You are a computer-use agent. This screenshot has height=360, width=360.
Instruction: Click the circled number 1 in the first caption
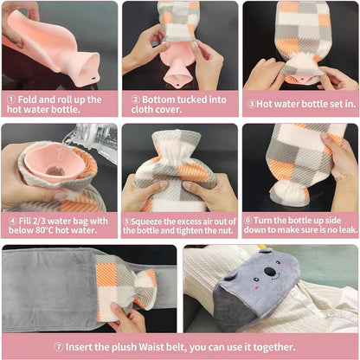(x=10, y=100)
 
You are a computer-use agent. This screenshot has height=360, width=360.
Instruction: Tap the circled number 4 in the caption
(x=10, y=220)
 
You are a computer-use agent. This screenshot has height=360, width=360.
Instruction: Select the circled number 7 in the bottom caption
(x=59, y=346)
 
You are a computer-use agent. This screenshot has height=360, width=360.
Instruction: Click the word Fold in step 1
(x=28, y=100)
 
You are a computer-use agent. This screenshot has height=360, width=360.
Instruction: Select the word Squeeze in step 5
(x=150, y=220)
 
